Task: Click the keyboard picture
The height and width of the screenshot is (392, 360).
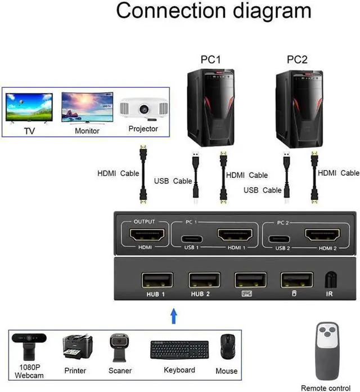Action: click(179, 350)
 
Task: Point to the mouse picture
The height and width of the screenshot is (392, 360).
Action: click(227, 348)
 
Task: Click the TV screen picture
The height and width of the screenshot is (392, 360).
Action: click(29, 108)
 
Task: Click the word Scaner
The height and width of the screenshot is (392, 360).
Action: click(120, 371)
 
